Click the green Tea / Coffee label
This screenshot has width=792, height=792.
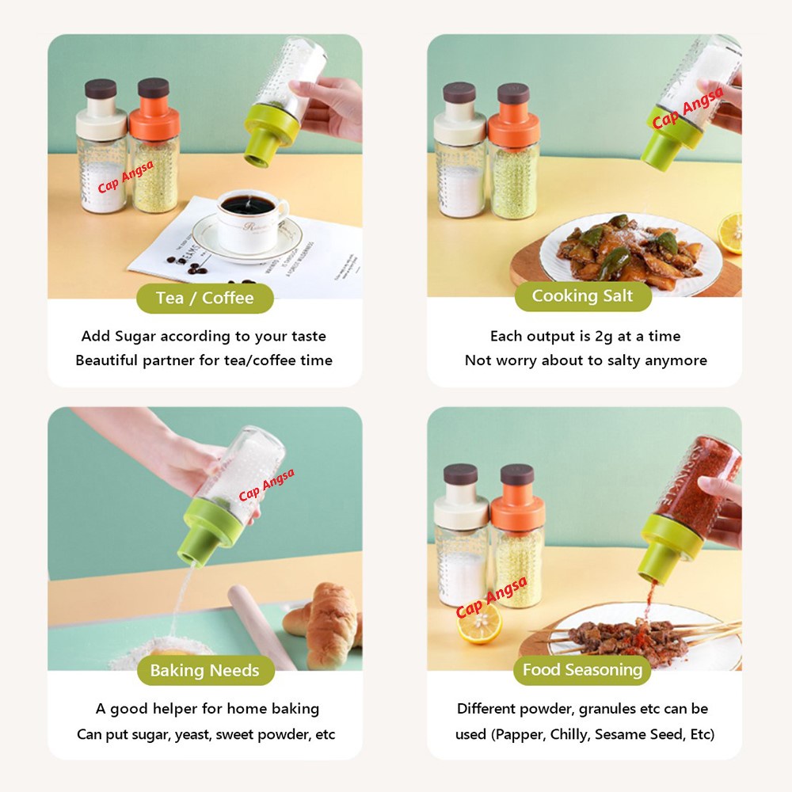coord(205,298)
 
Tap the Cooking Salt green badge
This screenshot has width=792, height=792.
coord(583,296)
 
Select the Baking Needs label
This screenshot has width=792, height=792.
coord(206,670)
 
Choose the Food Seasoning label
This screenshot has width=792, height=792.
coord(582,670)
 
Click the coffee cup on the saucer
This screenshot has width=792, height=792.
coord(250,219)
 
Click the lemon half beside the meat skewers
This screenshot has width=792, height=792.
coord(479,623)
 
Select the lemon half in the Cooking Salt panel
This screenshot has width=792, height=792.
coord(730,234)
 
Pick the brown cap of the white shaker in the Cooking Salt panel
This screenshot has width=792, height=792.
coord(459,93)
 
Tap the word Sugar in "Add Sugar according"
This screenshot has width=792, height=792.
coord(135,337)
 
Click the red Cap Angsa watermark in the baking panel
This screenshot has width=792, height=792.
coord(266,485)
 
